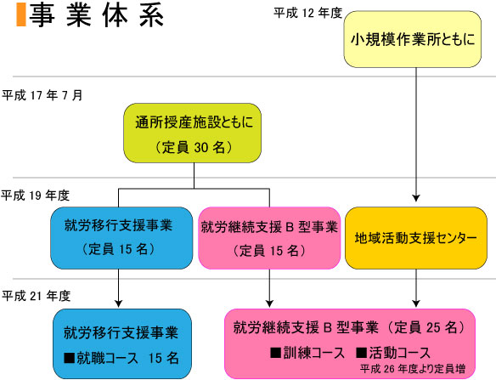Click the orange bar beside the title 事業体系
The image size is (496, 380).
point(21,14)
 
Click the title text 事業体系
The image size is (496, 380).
point(97,15)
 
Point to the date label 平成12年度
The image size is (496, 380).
point(307,13)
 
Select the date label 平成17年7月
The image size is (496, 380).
point(42,95)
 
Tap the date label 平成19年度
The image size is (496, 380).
point(35,196)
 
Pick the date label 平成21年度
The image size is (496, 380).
point(36,296)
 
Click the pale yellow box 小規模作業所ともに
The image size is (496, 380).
point(413,39)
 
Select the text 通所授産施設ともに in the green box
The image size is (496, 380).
point(194,122)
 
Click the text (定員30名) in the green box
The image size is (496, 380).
point(194,147)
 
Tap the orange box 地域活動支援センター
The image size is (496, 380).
point(416,238)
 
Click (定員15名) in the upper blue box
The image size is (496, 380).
point(118,249)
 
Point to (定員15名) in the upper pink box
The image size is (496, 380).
point(269,251)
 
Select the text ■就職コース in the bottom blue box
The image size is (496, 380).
point(101,358)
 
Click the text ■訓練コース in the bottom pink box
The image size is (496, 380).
point(307,353)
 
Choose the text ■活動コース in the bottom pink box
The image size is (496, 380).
point(393,353)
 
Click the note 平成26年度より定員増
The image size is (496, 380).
point(413,369)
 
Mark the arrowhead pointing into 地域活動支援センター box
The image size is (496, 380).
point(416,198)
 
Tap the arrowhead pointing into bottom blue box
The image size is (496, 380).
point(118,303)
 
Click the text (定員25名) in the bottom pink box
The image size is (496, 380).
point(426,327)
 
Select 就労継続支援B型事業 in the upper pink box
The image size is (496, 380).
point(269,227)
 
